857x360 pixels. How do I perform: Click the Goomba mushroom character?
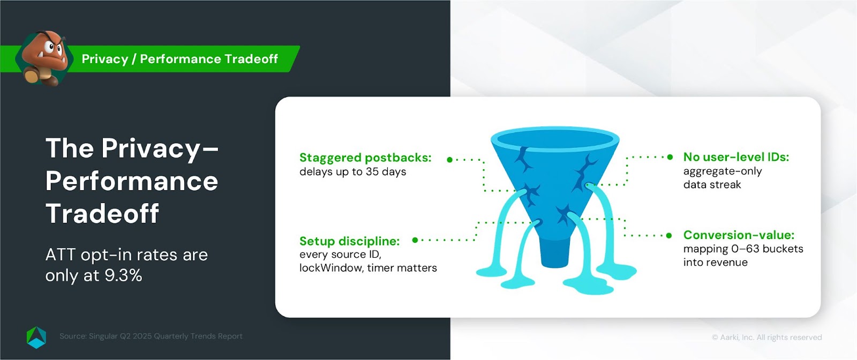[x=45, y=57]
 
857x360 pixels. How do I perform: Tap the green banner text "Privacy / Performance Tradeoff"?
[x=180, y=59]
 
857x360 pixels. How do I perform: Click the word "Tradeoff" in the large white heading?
[x=102, y=213]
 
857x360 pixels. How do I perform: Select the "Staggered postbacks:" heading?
[x=365, y=157]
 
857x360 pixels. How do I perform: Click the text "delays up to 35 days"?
[x=353, y=171]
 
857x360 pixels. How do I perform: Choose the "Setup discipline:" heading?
[x=350, y=241]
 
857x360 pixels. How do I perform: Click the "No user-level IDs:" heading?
[x=736, y=157]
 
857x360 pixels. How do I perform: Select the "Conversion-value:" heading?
[x=739, y=235]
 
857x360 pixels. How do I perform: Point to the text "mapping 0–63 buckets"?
[x=743, y=249]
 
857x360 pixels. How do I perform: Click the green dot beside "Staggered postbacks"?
[x=450, y=160]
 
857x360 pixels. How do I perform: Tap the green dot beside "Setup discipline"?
[x=415, y=240]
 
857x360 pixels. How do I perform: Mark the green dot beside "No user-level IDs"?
[x=670, y=157]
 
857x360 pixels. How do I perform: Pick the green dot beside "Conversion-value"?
[x=669, y=235]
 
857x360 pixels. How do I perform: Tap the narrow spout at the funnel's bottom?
[x=555, y=252]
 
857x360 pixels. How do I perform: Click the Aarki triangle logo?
[x=36, y=337]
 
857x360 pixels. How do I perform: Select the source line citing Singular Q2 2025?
[x=151, y=336]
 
